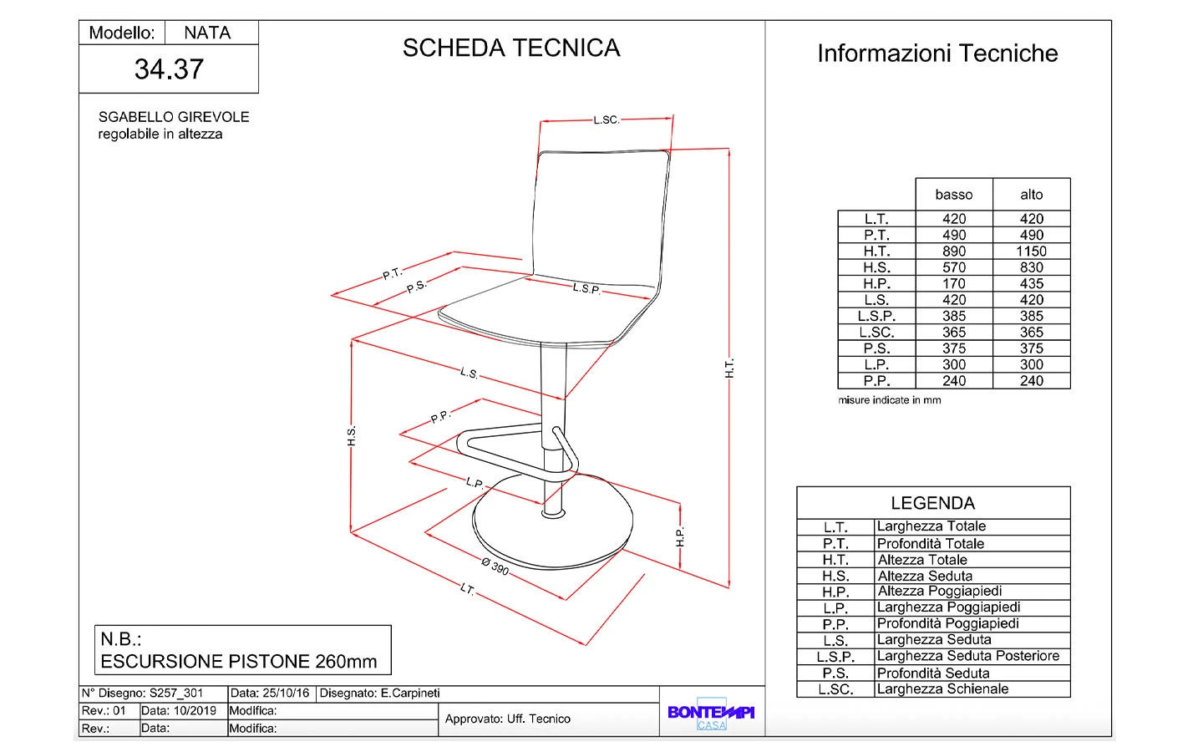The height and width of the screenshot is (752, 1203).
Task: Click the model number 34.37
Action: pyautogui.click(x=169, y=69)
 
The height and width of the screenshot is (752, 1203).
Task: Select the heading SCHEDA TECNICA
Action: pyautogui.click(x=511, y=48)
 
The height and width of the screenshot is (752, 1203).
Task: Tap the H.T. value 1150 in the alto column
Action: pyautogui.click(x=1031, y=252)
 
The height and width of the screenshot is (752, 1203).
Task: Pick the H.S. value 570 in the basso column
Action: pyautogui.click(x=954, y=267)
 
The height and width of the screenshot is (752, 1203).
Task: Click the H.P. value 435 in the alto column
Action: pyautogui.click(x=1031, y=284)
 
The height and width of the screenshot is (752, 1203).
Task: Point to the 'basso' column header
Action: pyautogui.click(x=954, y=195)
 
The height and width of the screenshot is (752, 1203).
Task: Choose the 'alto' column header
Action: pyautogui.click(x=1031, y=195)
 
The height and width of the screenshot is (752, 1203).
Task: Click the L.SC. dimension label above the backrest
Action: pyautogui.click(x=607, y=120)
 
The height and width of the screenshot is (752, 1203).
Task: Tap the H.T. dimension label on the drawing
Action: pyautogui.click(x=729, y=368)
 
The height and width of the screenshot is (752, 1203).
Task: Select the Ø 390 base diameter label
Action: pyautogui.click(x=495, y=567)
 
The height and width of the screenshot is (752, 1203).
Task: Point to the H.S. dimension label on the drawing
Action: pyautogui.click(x=352, y=435)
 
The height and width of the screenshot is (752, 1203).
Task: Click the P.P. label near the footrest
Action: pyautogui.click(x=440, y=416)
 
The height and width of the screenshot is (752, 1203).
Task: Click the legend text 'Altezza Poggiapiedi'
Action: pyautogui.click(x=939, y=592)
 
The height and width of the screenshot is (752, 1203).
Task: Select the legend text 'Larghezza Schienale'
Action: pyautogui.click(x=942, y=689)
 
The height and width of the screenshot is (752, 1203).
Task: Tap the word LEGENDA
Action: pyautogui.click(x=932, y=503)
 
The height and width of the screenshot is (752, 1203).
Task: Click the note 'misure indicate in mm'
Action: pyautogui.click(x=889, y=400)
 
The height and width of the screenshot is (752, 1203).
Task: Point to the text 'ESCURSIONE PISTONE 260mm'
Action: pyautogui.click(x=239, y=662)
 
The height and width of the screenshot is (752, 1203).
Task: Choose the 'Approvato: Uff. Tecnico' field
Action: pyautogui.click(x=508, y=719)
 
